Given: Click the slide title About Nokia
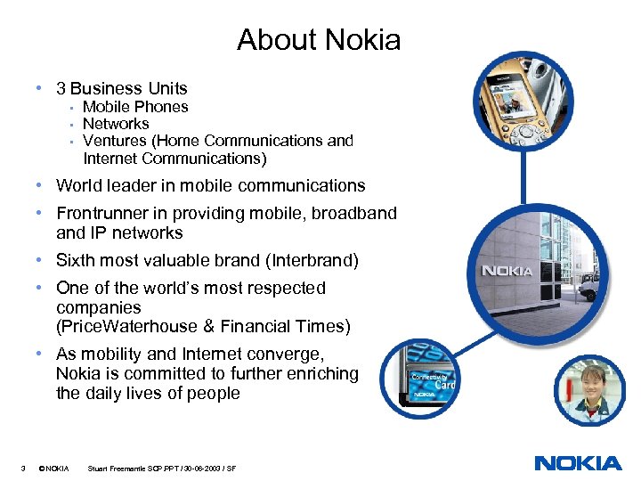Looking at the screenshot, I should (x=319, y=40).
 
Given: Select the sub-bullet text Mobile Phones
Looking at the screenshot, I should (x=135, y=107).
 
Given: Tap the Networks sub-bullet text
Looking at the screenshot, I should (x=116, y=124).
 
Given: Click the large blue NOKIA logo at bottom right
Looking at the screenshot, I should (x=578, y=463).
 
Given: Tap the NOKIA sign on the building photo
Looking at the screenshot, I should (x=507, y=271).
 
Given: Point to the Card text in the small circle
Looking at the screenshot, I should (x=443, y=386).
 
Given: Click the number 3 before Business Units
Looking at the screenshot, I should (x=61, y=88).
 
